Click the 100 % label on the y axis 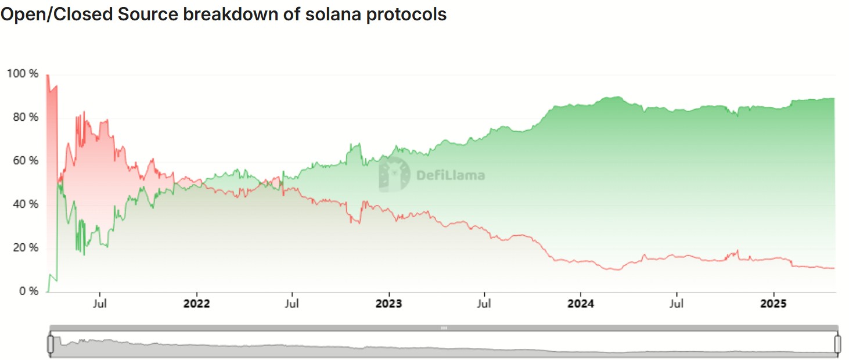click(22, 74)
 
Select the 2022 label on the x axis click(197, 303)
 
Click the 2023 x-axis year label click(388, 303)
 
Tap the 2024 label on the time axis click(581, 303)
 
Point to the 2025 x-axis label click(773, 303)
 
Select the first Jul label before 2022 click(100, 303)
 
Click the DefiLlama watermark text click(451, 175)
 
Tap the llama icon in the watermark click(394, 174)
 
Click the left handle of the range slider click(50, 344)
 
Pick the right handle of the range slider click(837, 344)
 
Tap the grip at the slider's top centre click(444, 328)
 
